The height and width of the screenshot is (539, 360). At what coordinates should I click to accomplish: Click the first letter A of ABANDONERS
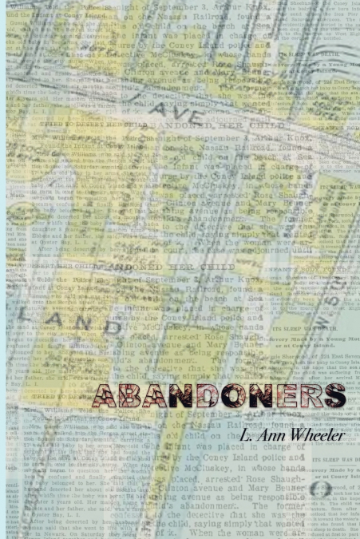pos(107,395)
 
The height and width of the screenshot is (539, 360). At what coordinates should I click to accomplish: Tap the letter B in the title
pos(133,395)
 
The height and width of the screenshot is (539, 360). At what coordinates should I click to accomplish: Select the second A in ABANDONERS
pos(159,395)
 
